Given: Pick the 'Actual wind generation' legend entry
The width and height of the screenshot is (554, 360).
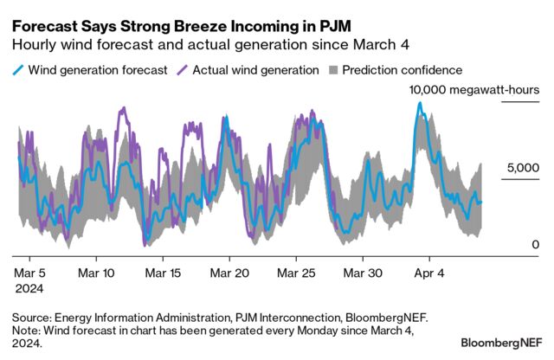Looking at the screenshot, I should (250, 69).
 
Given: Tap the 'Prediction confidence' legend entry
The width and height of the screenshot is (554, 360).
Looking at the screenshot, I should (402, 69).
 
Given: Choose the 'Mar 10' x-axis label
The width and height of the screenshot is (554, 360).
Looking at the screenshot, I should (96, 273).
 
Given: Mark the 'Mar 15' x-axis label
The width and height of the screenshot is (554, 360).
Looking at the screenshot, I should (163, 273).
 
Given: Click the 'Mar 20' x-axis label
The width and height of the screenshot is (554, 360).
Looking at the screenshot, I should (229, 273).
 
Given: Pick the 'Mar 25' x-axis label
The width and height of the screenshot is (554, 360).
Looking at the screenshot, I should (295, 273).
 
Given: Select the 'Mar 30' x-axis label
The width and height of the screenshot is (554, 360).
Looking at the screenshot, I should (362, 273).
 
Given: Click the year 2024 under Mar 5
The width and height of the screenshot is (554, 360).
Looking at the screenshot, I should (29, 287).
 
